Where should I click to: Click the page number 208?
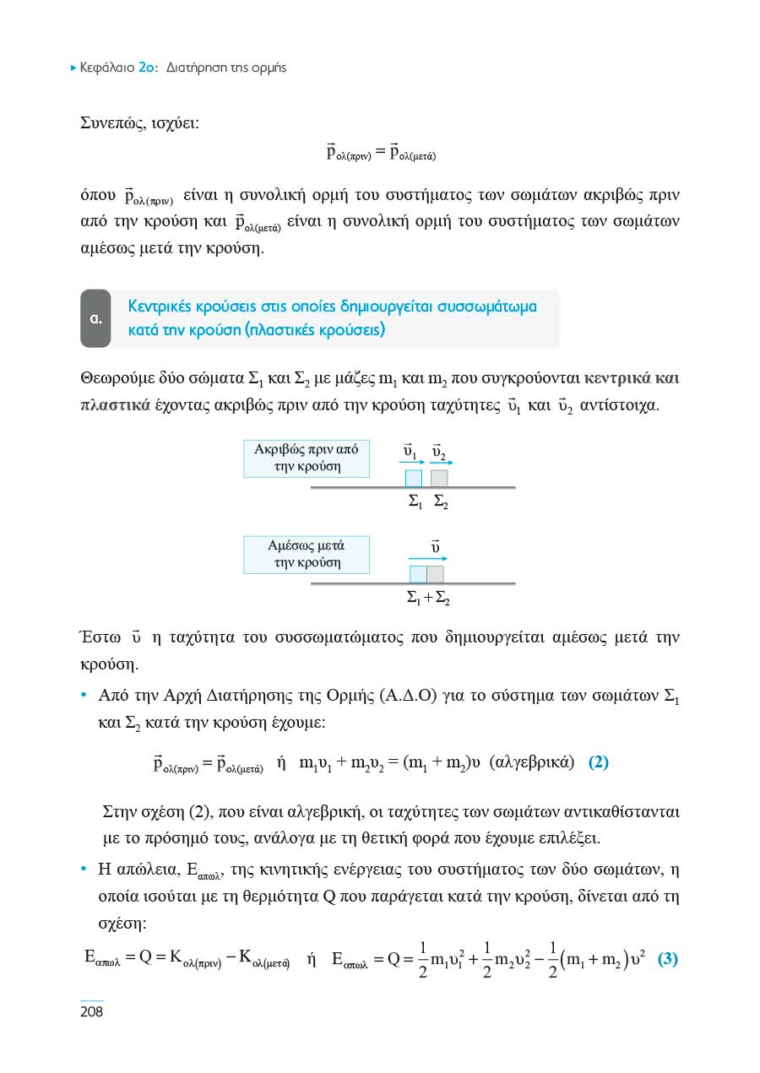[91, 1011]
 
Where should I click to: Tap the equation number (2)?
[598, 762]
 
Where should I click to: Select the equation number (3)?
[667, 960]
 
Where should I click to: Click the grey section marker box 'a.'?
[95, 319]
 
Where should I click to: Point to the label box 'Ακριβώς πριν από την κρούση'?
[307, 458]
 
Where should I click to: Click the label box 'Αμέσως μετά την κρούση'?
[307, 555]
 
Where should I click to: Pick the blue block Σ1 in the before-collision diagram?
[413, 478]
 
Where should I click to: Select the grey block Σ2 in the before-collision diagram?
[439, 478]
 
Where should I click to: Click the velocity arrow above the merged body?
[427, 558]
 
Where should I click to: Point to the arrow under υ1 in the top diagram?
[411, 463]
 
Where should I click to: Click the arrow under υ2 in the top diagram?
[442, 463]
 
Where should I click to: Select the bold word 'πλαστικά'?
[114, 404]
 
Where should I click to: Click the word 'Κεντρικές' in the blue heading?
[163, 306]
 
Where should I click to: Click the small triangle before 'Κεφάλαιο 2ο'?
[73, 68]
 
